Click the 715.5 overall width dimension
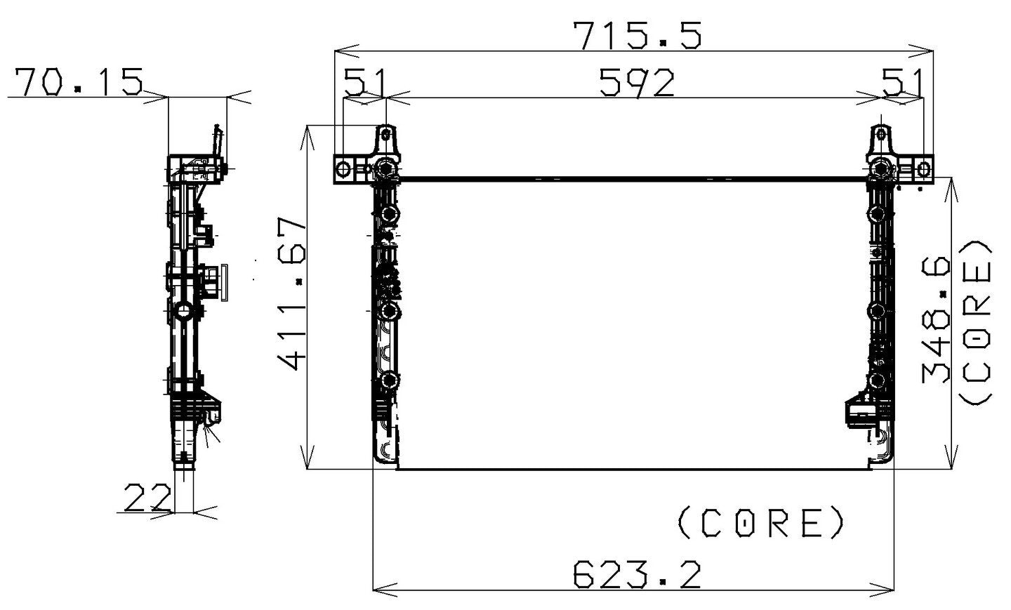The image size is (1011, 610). [637, 35]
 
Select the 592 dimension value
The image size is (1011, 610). [636, 83]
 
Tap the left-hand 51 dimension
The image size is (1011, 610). [364, 83]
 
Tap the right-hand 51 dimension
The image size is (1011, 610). [902, 83]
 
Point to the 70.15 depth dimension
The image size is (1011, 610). [79, 81]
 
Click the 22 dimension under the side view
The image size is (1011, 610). [147, 498]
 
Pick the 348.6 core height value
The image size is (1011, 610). [937, 319]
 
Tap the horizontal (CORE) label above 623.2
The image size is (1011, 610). [761, 522]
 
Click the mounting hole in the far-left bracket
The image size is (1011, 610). [343, 169]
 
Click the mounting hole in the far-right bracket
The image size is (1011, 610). [924, 169]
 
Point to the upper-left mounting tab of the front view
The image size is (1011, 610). [385, 140]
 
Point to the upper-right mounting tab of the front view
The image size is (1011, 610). [881, 140]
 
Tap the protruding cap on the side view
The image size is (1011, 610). [223, 282]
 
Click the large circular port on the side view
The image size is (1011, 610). [183, 310]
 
